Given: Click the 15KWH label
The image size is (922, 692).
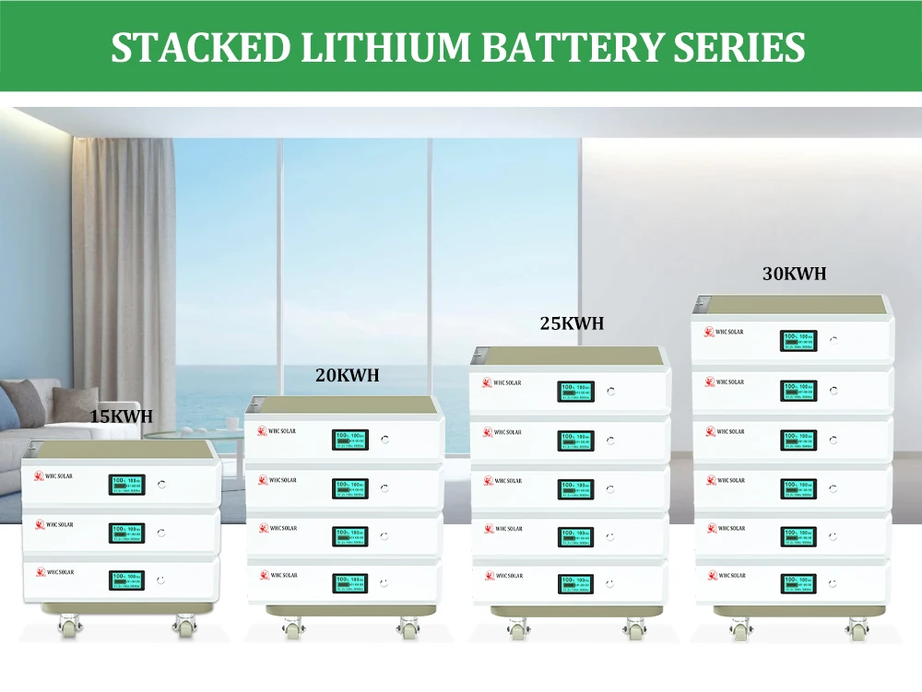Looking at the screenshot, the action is pos(121,416).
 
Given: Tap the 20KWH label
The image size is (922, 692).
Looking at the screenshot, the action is pos(347,375).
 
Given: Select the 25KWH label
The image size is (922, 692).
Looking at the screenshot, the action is pos(572,323).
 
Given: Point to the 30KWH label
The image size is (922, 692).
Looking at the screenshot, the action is pos(794,273).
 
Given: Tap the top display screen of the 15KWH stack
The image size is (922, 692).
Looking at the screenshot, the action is pos(127,485).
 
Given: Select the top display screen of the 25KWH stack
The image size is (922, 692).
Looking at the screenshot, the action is pos(575,392).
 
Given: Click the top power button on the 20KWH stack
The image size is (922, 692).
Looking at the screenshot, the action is pos(384,440).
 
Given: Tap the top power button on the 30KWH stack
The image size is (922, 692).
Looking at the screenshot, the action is pos(833,339).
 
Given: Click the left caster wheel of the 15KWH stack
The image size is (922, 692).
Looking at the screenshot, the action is pos(67,627).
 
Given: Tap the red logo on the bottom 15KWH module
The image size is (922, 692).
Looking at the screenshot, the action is pos(40,572).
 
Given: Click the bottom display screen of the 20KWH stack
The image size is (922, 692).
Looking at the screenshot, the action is pos(350,582).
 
